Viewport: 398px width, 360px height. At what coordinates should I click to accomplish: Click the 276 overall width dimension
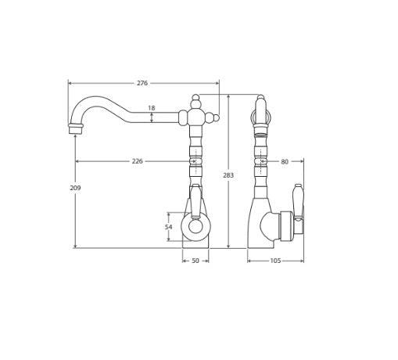click(142, 83)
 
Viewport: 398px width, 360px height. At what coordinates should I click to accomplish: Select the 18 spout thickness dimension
click(151, 108)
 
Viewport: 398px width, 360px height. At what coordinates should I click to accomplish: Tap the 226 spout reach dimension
click(137, 161)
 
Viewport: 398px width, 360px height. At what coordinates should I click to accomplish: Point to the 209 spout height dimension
click(75, 188)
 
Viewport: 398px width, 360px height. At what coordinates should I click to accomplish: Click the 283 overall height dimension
click(228, 175)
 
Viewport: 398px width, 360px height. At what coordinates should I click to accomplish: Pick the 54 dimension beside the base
click(168, 227)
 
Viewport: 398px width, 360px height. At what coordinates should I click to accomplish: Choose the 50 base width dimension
click(195, 261)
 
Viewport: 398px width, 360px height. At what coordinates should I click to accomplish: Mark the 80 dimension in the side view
click(285, 162)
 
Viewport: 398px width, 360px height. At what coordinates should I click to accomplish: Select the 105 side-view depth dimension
click(275, 261)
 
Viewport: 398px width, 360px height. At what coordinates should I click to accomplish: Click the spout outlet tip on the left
click(75, 128)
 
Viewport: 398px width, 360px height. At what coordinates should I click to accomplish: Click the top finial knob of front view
click(195, 99)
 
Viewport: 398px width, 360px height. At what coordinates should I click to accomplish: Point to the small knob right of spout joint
click(216, 118)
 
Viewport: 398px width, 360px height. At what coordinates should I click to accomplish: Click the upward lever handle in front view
click(195, 200)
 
